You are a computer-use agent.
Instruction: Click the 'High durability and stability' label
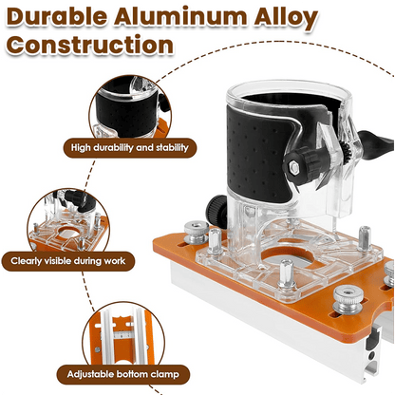130,148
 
